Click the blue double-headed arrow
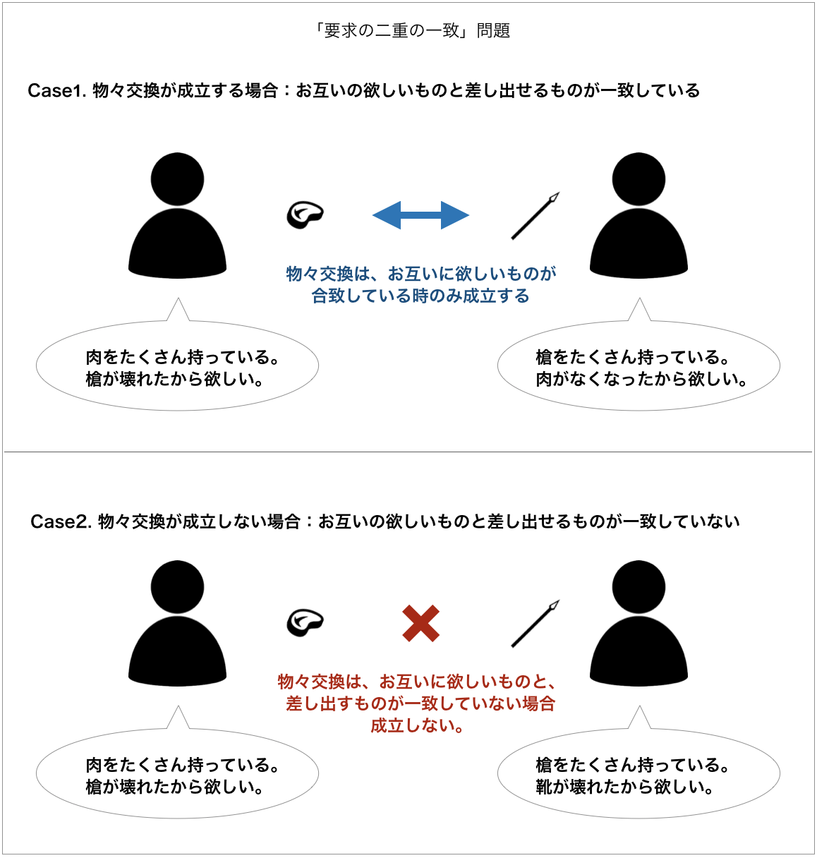[420, 215]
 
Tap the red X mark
[420, 623]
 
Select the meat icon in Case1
[305, 214]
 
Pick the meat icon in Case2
[305, 622]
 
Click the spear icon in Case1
[535, 216]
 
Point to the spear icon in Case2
[535, 624]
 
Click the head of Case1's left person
[177, 179]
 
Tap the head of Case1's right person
[639, 179]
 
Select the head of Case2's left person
[177, 587]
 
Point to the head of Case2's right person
[639, 587]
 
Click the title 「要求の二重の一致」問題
[411, 30]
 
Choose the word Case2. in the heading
[61, 521]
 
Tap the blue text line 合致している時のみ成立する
[420, 296]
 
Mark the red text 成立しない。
[417, 726]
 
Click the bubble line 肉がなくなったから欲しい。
[641, 379]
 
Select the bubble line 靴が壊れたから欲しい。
[624, 787]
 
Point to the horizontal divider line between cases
[408, 452]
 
